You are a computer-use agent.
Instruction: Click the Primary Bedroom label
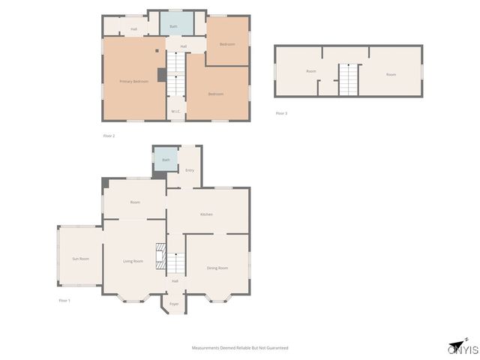pyautogui.click(x=134, y=80)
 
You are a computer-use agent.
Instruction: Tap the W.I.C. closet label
pyautogui.click(x=175, y=112)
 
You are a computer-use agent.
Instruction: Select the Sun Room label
pyautogui.click(x=80, y=259)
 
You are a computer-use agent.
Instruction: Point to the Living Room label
pyautogui.click(x=133, y=261)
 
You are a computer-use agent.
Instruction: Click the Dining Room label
pyautogui.click(x=217, y=268)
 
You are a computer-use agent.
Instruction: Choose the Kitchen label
pyautogui.click(x=206, y=214)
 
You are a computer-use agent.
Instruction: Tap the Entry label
pyautogui.click(x=190, y=170)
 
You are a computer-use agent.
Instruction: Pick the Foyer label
pyautogui.click(x=174, y=304)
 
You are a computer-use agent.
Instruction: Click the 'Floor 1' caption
pyautogui.click(x=64, y=300)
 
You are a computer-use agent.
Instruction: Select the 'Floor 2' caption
pyautogui.click(x=109, y=136)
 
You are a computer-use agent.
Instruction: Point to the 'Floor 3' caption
pyautogui.click(x=281, y=113)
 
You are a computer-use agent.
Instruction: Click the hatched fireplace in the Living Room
pyautogui.click(x=160, y=256)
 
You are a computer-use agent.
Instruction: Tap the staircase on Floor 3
pyautogui.click(x=349, y=79)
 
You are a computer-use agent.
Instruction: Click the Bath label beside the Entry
pyautogui.click(x=165, y=160)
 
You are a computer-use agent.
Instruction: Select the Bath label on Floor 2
pyautogui.click(x=173, y=26)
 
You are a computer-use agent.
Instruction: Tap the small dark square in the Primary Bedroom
pyautogui.click(x=157, y=51)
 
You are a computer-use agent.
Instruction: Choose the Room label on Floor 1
pyautogui.click(x=135, y=202)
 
